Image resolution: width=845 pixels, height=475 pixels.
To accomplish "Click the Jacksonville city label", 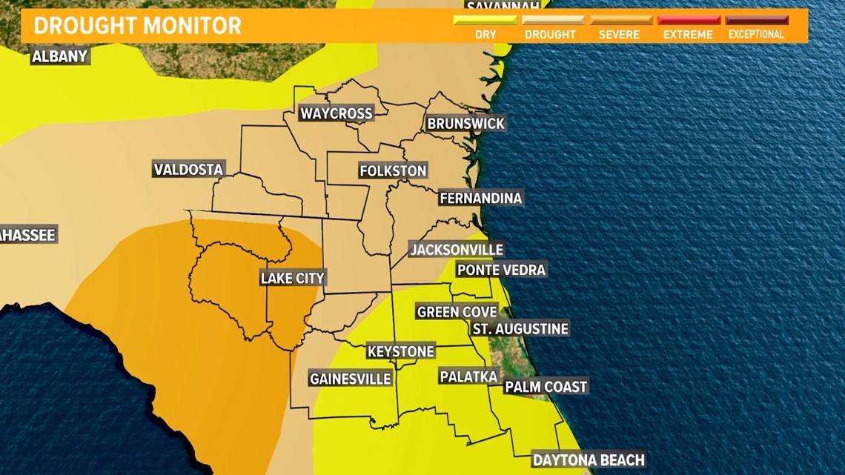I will click(457, 250).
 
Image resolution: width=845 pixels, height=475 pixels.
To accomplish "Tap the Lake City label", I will click(293, 279).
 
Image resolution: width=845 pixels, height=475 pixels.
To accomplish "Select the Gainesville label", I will click(350, 379).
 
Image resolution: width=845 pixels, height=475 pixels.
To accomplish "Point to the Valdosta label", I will click(188, 170).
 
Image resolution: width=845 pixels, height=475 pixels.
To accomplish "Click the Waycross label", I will click(336, 113).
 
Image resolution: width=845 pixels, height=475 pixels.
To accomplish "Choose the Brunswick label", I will click(465, 124).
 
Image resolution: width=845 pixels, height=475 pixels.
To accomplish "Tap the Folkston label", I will click(393, 171).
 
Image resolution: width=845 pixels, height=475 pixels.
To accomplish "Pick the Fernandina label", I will click(480, 198).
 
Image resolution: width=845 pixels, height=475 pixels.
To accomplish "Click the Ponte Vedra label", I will click(501, 270).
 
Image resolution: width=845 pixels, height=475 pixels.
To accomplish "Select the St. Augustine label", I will click(520, 328).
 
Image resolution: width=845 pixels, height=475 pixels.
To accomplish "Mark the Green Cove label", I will click(457, 312).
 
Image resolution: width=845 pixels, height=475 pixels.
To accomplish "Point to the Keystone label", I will click(401, 351).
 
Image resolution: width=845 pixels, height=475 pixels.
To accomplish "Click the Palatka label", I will click(468, 376).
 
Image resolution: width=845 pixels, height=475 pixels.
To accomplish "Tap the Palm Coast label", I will click(546, 387).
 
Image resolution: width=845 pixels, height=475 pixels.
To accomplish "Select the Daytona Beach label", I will click(589, 460).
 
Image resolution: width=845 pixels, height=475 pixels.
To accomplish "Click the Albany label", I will click(60, 56).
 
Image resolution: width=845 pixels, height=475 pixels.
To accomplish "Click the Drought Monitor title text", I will click(138, 25).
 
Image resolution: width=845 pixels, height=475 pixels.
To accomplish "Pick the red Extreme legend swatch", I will click(689, 20).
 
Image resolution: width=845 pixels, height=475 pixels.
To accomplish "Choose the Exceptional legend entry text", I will click(756, 35).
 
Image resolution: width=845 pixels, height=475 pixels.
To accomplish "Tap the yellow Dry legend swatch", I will click(486, 20).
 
